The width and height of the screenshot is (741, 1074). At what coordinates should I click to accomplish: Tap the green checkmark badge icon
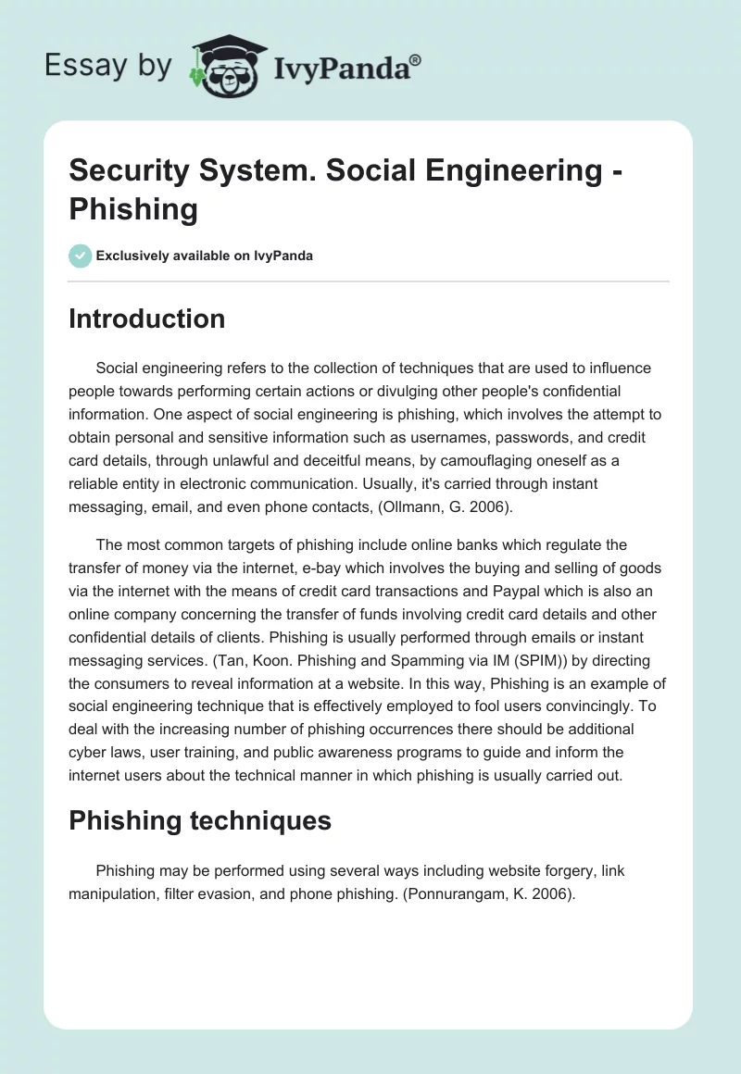pyautogui.click(x=81, y=256)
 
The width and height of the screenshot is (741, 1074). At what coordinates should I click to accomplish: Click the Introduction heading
pyautogui.click(x=146, y=318)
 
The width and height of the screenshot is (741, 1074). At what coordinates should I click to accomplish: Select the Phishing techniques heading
pyautogui.click(x=200, y=819)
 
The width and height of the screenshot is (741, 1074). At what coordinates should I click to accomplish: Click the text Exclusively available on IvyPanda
pyautogui.click(x=205, y=256)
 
